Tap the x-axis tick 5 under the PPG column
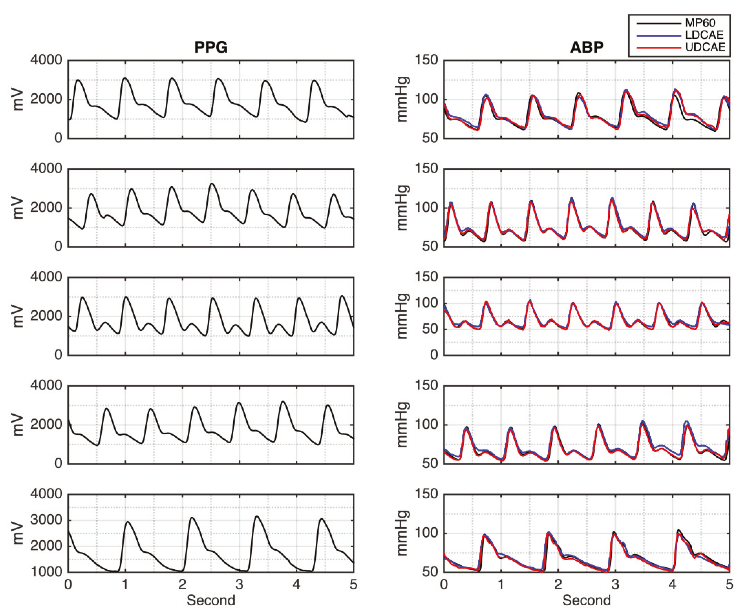[353, 584]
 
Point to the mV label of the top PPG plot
[18, 100]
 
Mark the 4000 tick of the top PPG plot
[46, 60]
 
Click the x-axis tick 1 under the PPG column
[125, 584]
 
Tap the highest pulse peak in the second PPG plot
[212, 183]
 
